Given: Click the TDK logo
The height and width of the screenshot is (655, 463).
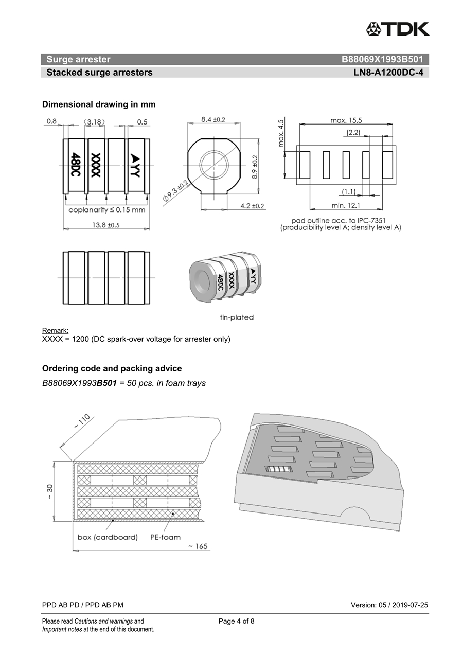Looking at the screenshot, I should [398, 29].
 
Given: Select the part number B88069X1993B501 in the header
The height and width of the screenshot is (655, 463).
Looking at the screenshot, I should [382, 59].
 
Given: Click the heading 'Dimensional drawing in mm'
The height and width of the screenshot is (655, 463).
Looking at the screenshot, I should [99, 104].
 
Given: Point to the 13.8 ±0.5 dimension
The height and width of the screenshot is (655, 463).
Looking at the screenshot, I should [106, 225].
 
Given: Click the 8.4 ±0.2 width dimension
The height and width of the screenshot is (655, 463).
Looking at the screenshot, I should [213, 119].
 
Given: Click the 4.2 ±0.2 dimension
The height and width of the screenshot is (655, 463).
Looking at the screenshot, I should [252, 206].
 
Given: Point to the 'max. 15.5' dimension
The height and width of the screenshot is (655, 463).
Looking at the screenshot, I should [346, 120].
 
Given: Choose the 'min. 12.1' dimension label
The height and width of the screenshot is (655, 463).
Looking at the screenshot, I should [345, 206].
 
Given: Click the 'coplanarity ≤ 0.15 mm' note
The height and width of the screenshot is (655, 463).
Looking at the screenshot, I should [107, 210].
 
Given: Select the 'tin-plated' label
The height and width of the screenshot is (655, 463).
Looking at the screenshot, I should [237, 317].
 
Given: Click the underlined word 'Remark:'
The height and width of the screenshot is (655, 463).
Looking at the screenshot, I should [55, 330].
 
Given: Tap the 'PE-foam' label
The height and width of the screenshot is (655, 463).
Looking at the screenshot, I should [165, 537].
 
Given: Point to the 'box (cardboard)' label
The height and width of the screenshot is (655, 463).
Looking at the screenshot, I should [108, 537].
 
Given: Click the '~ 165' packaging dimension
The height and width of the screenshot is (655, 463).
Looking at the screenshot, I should [198, 546].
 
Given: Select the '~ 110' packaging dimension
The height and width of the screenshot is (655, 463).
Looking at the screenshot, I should [81, 422].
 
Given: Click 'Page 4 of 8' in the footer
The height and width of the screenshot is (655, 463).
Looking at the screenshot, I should [237, 621].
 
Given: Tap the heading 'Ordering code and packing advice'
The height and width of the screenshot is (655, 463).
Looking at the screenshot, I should [112, 368].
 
